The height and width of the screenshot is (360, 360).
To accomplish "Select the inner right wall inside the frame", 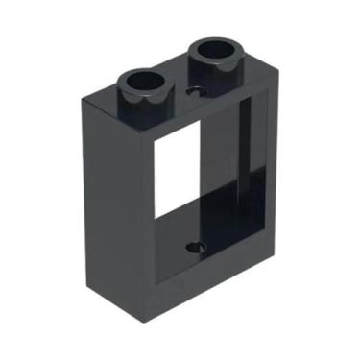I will point(246,173).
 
